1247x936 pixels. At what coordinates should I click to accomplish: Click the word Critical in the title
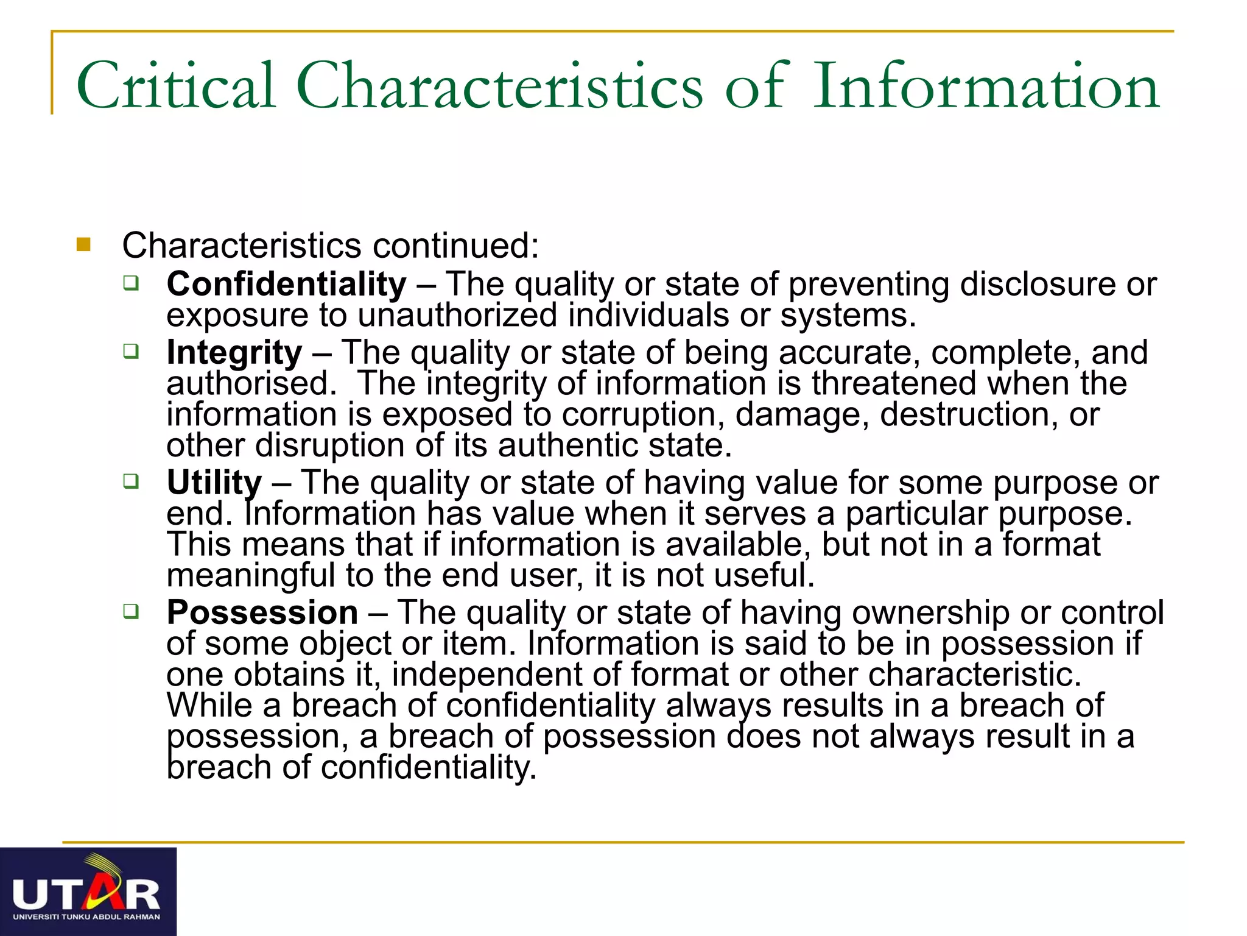click(x=176, y=86)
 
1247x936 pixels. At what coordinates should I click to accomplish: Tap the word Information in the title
click(x=986, y=86)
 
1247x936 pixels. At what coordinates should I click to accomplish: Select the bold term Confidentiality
click(x=286, y=285)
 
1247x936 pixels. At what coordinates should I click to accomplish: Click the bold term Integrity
click(x=234, y=353)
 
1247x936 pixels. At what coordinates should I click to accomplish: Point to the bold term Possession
click(x=262, y=612)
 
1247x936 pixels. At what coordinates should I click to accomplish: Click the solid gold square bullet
click(x=83, y=245)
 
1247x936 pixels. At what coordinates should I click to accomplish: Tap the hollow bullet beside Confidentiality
click(x=131, y=283)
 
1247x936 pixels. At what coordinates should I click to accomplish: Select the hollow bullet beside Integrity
click(x=131, y=351)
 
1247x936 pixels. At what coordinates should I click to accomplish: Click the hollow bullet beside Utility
click(x=131, y=481)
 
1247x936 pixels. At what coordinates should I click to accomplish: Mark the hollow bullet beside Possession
click(x=131, y=611)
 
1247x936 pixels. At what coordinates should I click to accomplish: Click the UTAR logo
click(x=88, y=892)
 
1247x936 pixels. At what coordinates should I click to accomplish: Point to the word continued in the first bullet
click(x=455, y=246)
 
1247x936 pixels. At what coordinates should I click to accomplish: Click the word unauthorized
click(x=457, y=316)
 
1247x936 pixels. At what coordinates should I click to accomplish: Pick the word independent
click(x=504, y=675)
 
